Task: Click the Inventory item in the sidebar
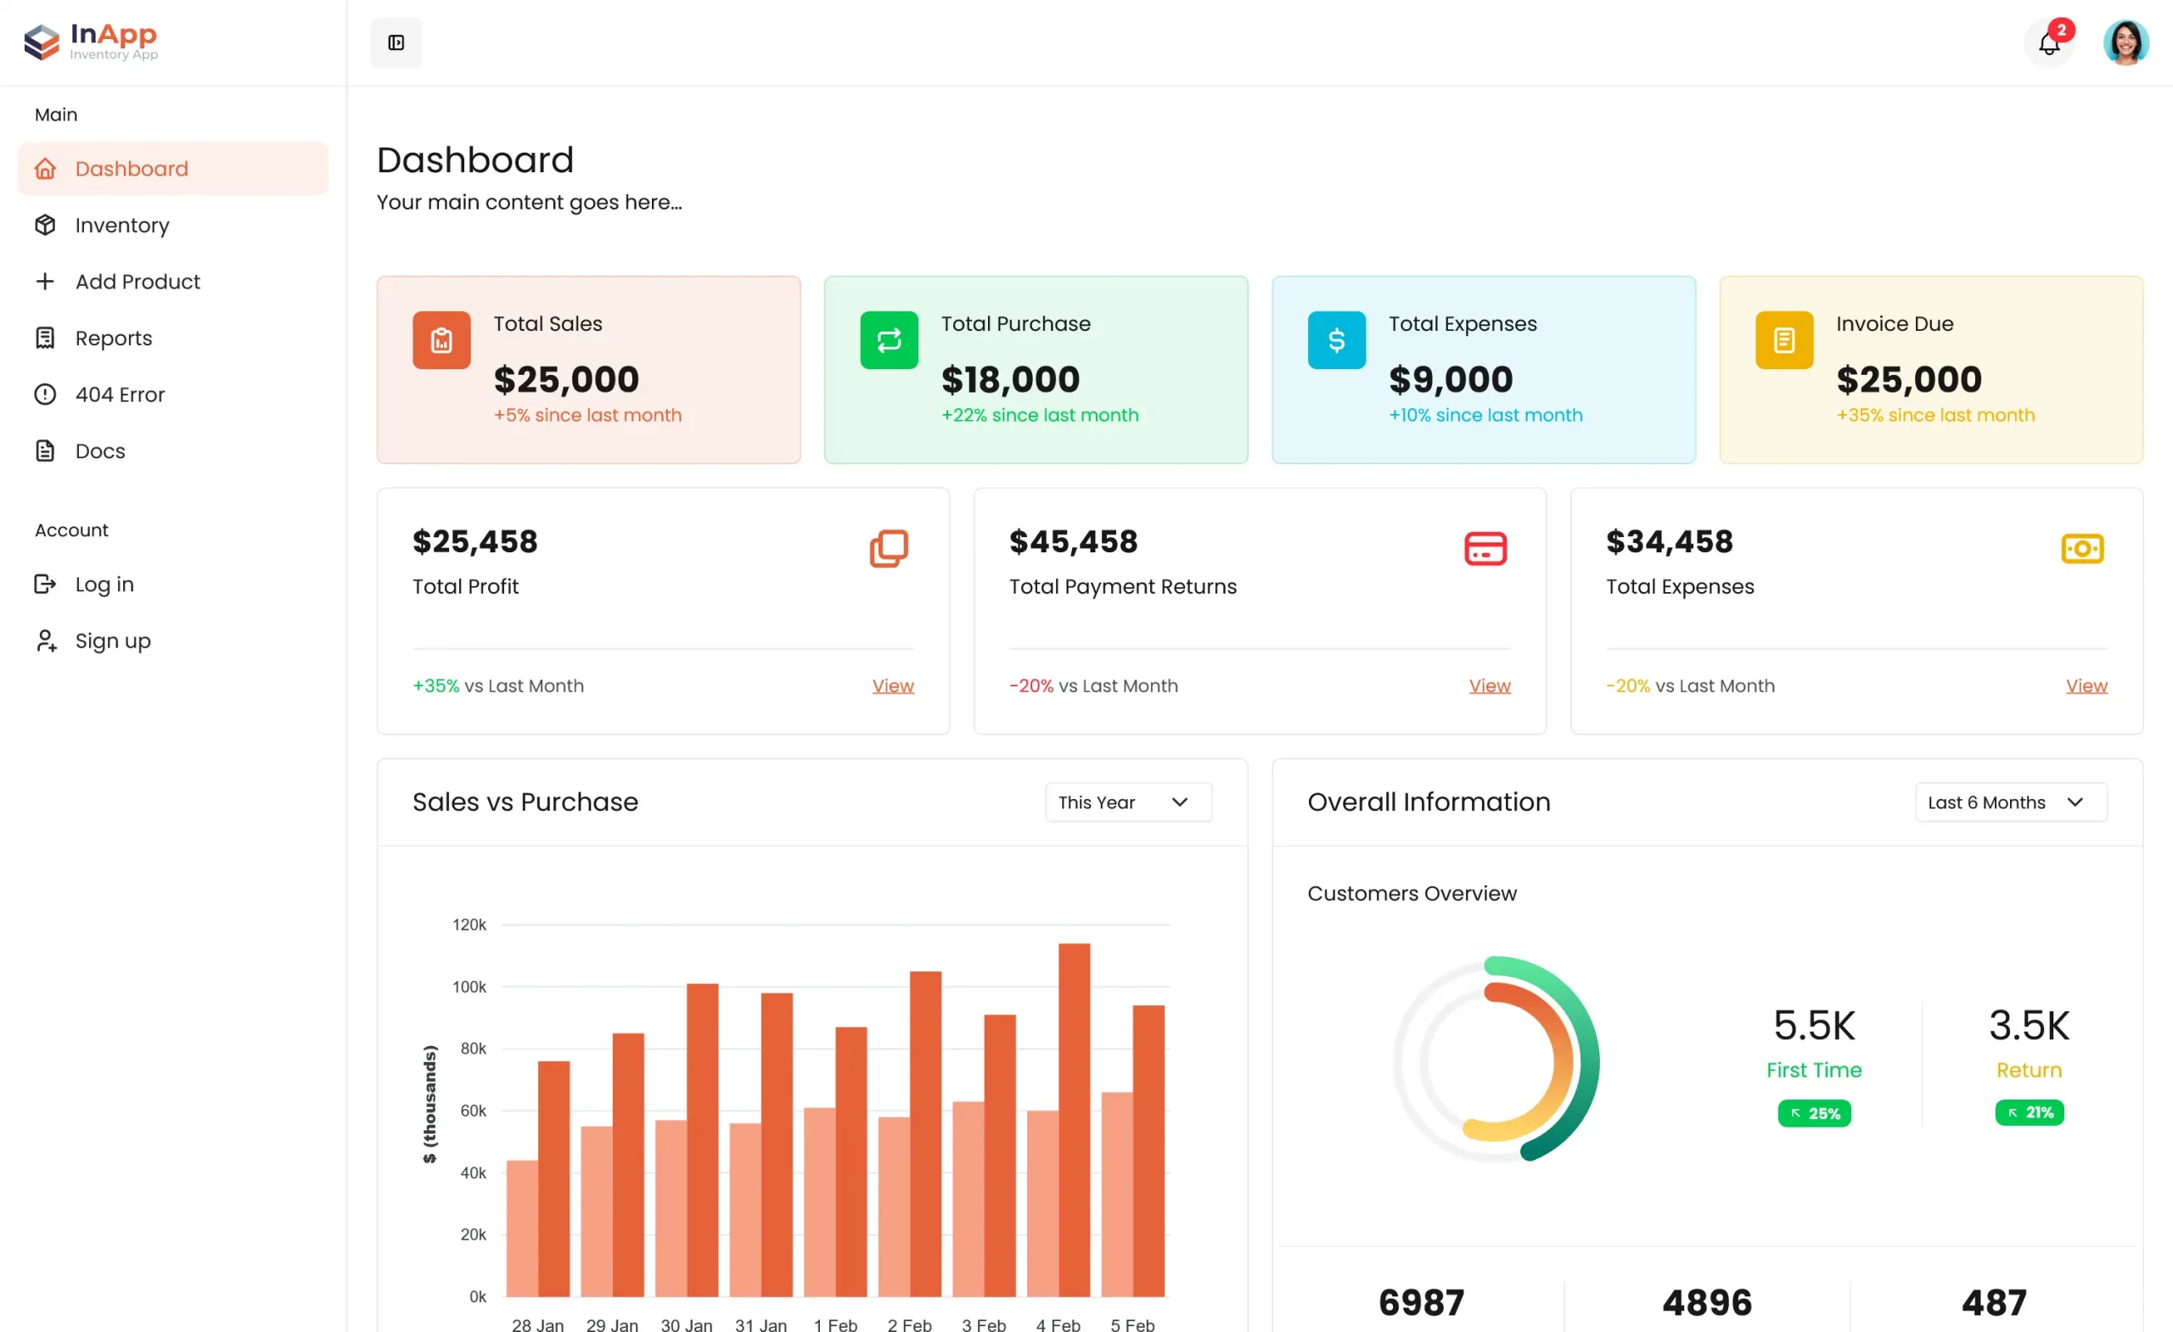[121, 226]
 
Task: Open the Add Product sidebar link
[137, 282]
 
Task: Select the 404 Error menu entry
[119, 395]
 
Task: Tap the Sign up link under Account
[112, 641]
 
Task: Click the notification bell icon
[2049, 43]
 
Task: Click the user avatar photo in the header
[2125, 43]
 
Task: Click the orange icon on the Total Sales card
[441, 340]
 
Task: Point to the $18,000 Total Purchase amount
[1010, 380]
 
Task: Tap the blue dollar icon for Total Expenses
[1336, 340]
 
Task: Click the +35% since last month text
[1934, 415]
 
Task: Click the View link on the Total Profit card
[892, 686]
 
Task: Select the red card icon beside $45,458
[1485, 548]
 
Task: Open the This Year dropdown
[1128, 803]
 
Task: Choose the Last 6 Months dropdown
[2010, 803]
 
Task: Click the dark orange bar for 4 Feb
[1073, 1120]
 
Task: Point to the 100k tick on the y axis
[469, 988]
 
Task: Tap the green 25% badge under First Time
[1814, 1113]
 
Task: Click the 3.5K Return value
[2029, 1025]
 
